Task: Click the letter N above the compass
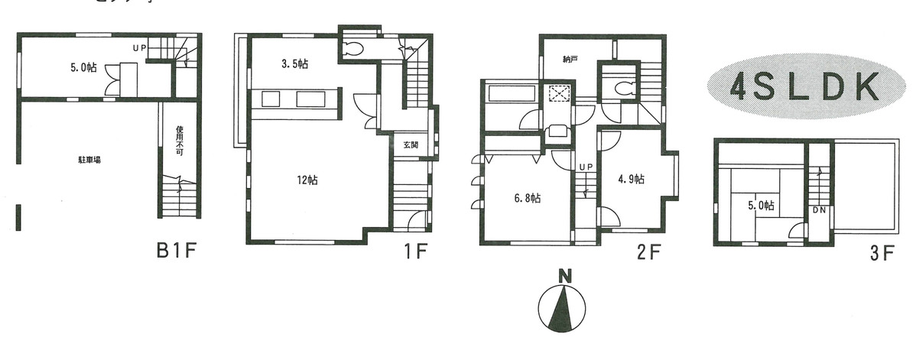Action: click(x=564, y=277)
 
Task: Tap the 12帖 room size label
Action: click(x=307, y=180)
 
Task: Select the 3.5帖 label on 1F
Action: click(x=290, y=65)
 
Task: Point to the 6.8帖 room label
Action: click(x=528, y=198)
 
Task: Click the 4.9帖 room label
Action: click(x=631, y=180)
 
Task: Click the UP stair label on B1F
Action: click(x=139, y=48)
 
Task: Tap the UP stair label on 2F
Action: click(x=586, y=167)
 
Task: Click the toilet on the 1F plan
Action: click(x=354, y=50)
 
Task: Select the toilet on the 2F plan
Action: click(x=621, y=87)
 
